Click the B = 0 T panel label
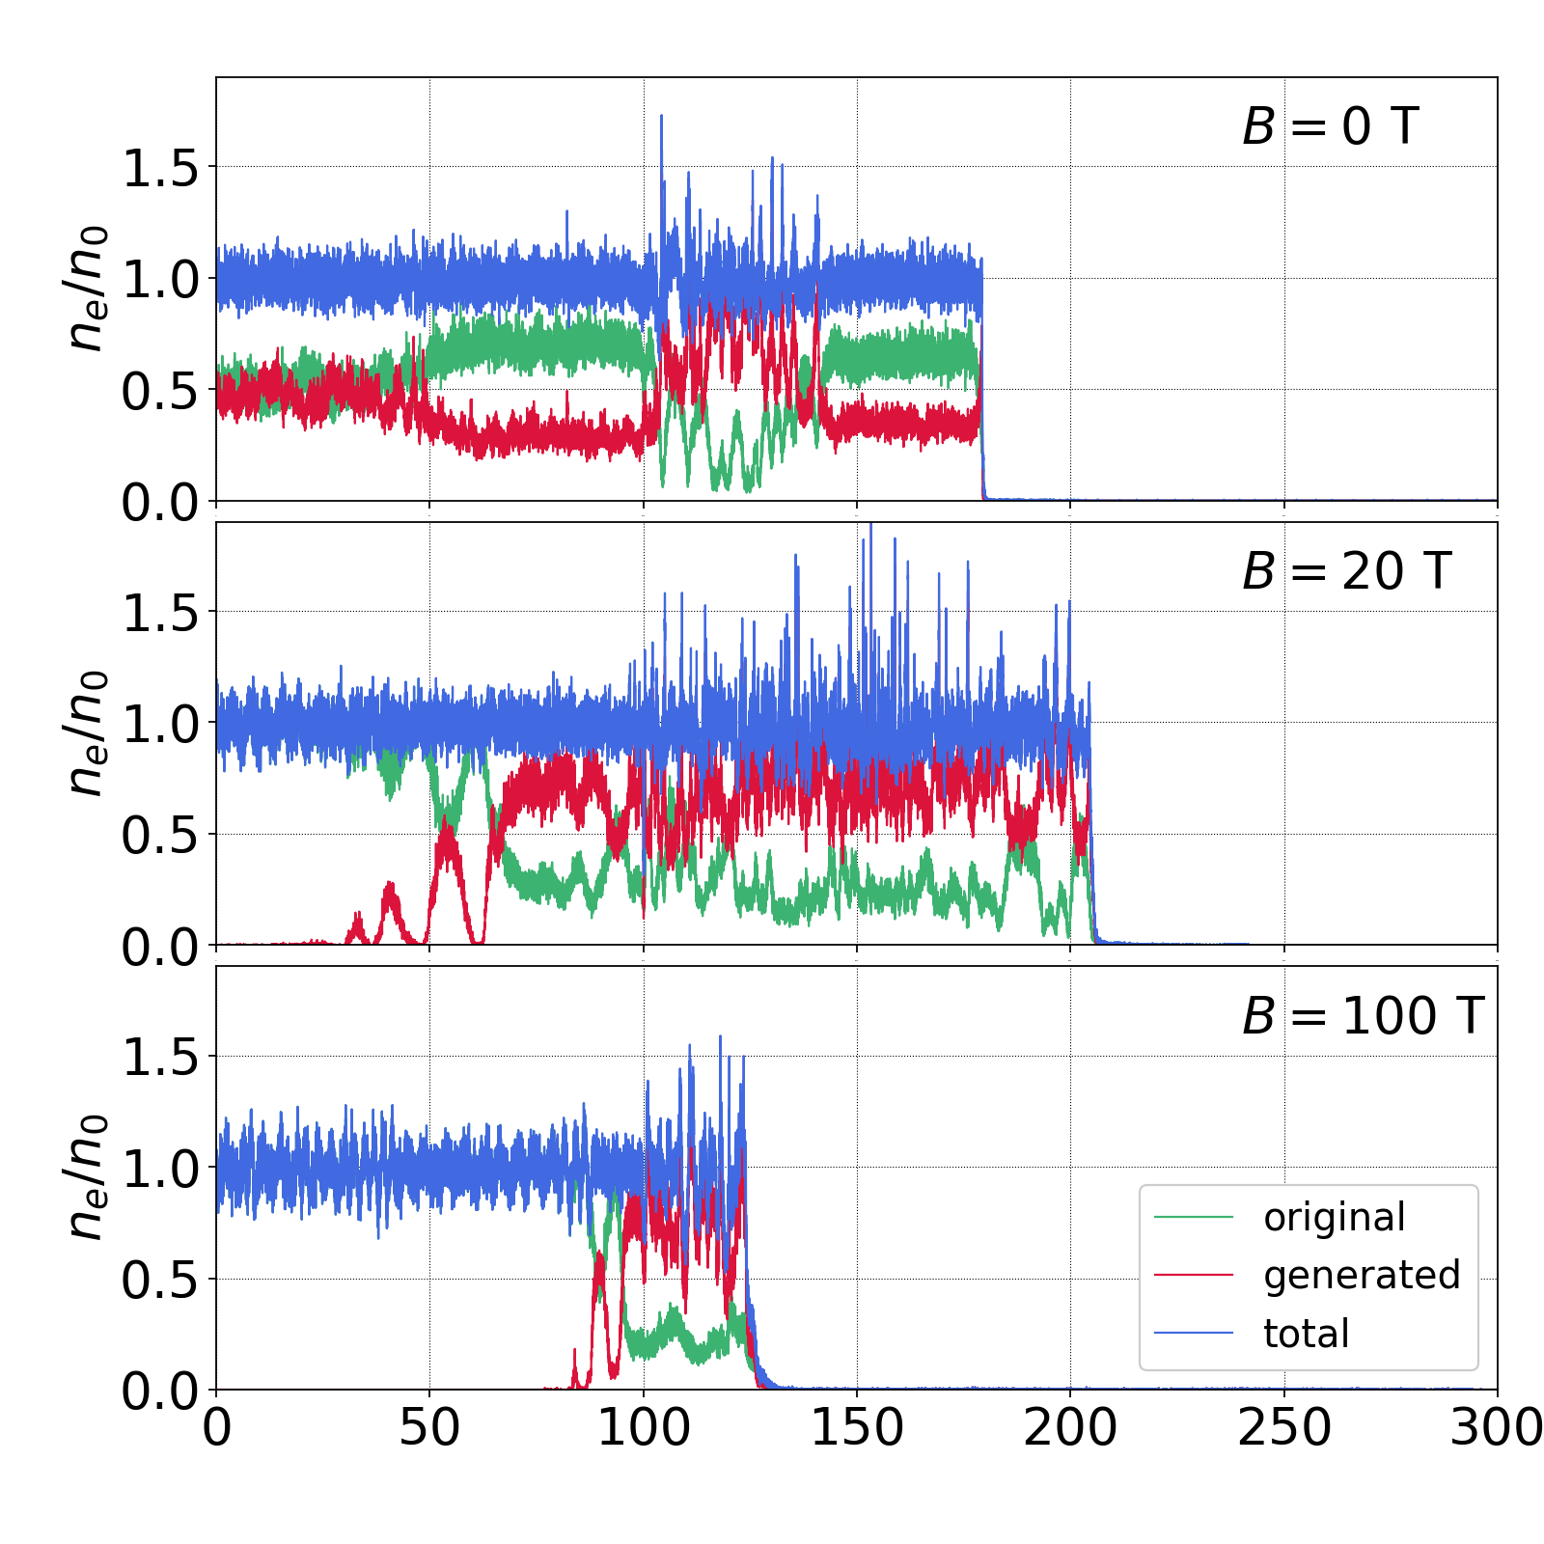click(x=1330, y=126)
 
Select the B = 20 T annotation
click(x=1346, y=571)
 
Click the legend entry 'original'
click(x=1335, y=1218)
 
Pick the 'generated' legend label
click(x=1362, y=1276)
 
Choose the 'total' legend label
click(x=1306, y=1334)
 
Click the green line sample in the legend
click(x=1194, y=1218)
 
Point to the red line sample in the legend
click(x=1194, y=1276)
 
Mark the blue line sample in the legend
click(x=1194, y=1334)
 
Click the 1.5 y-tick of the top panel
click(x=159, y=168)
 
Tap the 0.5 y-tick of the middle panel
click(x=159, y=836)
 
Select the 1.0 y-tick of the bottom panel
click(x=159, y=1169)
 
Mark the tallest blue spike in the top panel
click(x=661, y=118)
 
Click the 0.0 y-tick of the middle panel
click(x=159, y=947)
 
